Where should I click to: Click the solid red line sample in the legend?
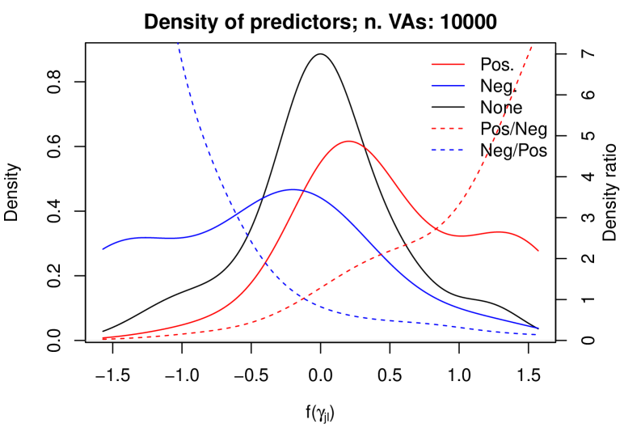pyautogui.click(x=448, y=64)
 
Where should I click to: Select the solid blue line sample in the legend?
pyautogui.click(x=448, y=86)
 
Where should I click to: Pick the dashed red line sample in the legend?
pyautogui.click(x=448, y=128)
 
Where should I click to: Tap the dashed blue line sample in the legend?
pyautogui.click(x=448, y=150)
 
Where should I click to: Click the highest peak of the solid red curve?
pyautogui.click(x=348, y=141)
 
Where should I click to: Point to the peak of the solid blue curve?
pyautogui.click(x=294, y=189)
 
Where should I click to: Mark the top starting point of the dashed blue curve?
pyautogui.click(x=178, y=43)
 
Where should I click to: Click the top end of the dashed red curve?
pyautogui.click(x=532, y=46)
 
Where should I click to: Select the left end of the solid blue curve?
pyautogui.click(x=103, y=249)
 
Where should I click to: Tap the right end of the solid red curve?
pyautogui.click(x=538, y=251)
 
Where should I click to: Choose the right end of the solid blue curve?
pyautogui.click(x=538, y=328)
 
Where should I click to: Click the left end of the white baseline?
pyautogui.click(x=87, y=341)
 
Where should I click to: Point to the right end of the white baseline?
pyautogui.click(x=554, y=341)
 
